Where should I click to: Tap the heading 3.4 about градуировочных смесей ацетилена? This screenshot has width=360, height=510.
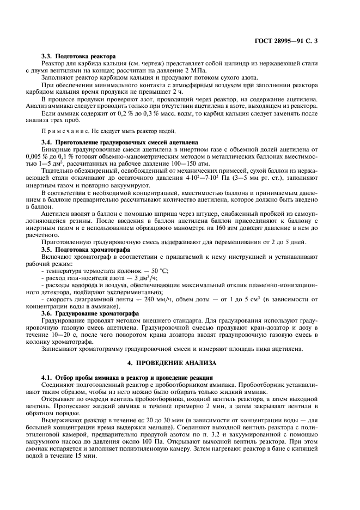(x=119, y=142)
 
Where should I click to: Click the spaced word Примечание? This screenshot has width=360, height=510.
(x=63, y=131)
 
